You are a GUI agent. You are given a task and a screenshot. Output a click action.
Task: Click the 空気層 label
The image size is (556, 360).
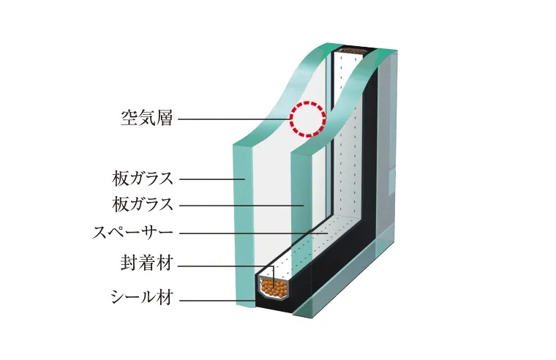(146, 119)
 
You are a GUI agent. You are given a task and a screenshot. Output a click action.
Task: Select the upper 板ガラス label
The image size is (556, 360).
(143, 178)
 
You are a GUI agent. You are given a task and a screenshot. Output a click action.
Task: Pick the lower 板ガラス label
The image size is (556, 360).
(143, 204)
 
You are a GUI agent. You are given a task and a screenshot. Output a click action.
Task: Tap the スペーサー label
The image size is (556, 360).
(132, 233)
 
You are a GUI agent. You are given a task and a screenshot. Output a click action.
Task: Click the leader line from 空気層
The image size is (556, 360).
(234, 119)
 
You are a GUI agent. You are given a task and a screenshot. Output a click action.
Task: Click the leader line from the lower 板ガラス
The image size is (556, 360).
(241, 205)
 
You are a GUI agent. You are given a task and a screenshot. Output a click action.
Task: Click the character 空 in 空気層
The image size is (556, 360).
(129, 119)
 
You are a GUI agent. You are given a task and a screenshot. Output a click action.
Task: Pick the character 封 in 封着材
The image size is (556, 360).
(128, 264)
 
